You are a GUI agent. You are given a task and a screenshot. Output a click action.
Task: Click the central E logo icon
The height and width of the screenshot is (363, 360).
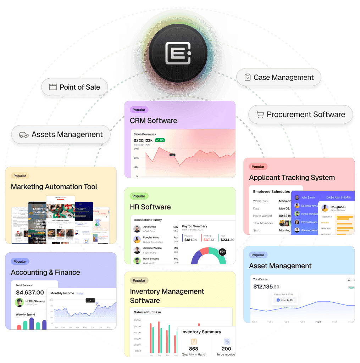[x=178, y=53]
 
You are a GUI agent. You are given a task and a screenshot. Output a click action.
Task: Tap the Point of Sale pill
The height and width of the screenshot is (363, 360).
[x=74, y=87]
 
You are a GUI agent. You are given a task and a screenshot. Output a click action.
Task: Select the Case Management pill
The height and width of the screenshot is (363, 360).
[x=279, y=77]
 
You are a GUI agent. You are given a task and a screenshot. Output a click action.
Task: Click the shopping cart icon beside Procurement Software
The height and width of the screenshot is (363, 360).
[x=260, y=115]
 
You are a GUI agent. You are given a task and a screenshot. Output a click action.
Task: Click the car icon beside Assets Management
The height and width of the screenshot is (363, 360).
[x=24, y=135]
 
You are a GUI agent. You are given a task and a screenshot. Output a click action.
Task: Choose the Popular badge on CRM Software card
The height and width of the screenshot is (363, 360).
[x=139, y=110]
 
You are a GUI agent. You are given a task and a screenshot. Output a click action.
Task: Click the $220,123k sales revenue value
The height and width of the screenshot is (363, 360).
[x=143, y=140]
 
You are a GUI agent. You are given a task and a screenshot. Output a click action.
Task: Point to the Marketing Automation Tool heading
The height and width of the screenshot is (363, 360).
[x=54, y=186]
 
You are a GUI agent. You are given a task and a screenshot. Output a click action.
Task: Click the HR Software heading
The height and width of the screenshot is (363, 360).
[x=150, y=207]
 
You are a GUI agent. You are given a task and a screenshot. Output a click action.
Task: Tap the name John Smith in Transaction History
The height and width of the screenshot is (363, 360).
[x=149, y=227]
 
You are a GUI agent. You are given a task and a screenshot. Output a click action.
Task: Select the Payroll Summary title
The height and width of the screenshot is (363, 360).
[x=194, y=226]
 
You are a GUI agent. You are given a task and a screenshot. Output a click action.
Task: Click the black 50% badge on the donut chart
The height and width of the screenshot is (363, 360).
[x=222, y=252]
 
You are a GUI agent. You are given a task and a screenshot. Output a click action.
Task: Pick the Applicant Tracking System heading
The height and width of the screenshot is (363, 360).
[x=292, y=178]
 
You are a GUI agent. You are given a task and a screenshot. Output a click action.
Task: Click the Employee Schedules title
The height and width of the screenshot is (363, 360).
[x=271, y=191]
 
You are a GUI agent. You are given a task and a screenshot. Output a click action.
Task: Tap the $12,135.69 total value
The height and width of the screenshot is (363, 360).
[x=266, y=286]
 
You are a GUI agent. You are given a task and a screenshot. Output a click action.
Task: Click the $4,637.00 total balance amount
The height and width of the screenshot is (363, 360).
[x=30, y=292]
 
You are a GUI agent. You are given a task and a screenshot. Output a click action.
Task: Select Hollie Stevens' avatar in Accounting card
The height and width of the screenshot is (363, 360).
[x=19, y=302]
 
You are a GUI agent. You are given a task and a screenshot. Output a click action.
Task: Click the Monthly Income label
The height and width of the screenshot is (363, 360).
[x=62, y=293]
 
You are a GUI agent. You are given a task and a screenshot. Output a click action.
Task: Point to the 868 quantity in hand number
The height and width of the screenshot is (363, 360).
[x=193, y=348]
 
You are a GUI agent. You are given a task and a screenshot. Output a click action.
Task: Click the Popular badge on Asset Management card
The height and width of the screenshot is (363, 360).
[x=258, y=255]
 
